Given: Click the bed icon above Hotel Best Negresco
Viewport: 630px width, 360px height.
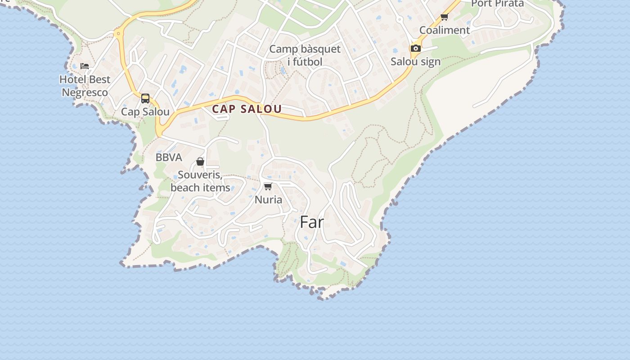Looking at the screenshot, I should tap(85, 66).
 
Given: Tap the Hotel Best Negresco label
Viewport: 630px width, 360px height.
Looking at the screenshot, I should tap(85, 86).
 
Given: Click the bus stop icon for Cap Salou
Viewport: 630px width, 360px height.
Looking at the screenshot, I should tap(145, 99).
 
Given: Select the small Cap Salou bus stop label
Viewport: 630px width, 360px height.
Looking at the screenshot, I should tap(145, 112).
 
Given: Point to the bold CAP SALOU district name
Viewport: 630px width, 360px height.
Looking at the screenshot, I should tap(247, 109).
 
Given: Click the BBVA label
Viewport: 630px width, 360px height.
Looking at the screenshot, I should tap(169, 157).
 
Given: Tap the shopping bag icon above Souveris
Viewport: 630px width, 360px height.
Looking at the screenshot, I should tap(200, 162).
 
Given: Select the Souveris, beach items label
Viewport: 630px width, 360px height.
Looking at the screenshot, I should tap(200, 181).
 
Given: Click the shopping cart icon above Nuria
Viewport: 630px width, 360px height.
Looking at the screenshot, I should tap(268, 186).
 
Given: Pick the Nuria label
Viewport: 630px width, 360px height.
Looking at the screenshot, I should tap(268, 199).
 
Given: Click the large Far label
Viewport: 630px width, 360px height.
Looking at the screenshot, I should tap(311, 222).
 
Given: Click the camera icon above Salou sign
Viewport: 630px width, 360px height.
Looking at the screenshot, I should tap(415, 48).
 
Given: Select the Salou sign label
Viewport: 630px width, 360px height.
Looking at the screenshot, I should tap(415, 61).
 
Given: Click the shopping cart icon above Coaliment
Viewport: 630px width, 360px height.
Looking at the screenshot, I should tap(445, 17).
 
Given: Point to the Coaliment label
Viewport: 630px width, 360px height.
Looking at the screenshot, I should tap(445, 30).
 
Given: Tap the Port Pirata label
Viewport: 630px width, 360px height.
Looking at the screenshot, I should tap(497, 4).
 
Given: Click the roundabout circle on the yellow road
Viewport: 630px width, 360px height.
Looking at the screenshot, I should tap(119, 33).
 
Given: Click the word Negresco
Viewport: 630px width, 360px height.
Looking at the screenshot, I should tap(85, 92).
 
